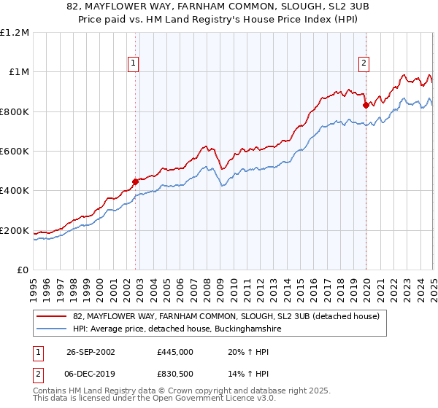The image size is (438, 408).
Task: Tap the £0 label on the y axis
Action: pyautogui.click(x=23, y=270)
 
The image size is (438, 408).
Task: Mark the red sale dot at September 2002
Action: pyautogui.click(x=136, y=182)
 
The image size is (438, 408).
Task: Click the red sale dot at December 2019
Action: pyautogui.click(x=366, y=106)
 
